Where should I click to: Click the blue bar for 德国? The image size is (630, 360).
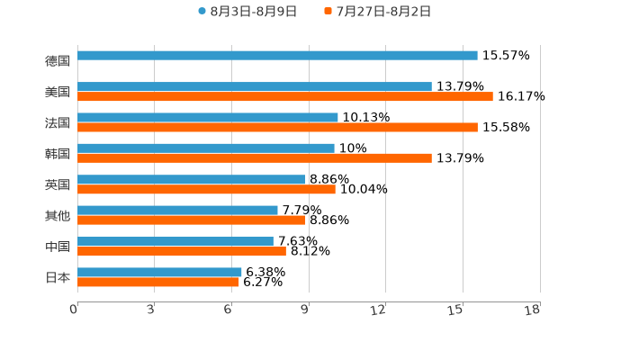[x=277, y=56]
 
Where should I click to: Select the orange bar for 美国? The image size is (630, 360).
[x=285, y=96]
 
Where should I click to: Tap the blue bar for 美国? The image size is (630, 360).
[x=255, y=86]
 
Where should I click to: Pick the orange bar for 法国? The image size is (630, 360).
[x=277, y=127]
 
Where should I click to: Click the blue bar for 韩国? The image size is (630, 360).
[x=206, y=148]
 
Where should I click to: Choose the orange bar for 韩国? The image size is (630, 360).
[x=255, y=158]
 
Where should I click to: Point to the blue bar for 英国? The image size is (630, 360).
[x=192, y=179]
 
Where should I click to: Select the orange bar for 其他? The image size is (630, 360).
[x=192, y=220]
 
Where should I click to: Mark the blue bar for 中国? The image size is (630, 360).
[x=175, y=241]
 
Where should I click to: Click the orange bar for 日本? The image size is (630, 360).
[x=158, y=282]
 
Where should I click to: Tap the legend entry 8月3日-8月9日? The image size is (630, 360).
[x=247, y=12]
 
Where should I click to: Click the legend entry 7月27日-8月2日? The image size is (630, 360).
[x=378, y=12]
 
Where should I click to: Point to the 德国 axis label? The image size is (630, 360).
[x=58, y=60]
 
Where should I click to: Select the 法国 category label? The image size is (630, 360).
[x=58, y=122]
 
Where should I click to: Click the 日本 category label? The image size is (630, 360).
[x=58, y=277]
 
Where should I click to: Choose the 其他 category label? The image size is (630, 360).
[x=58, y=215]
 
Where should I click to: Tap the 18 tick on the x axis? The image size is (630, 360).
[x=533, y=310]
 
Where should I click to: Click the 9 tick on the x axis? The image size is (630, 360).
[x=305, y=310]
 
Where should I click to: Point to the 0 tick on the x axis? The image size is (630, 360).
[x=74, y=310]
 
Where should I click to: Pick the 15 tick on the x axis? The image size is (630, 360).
[x=455, y=310]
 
